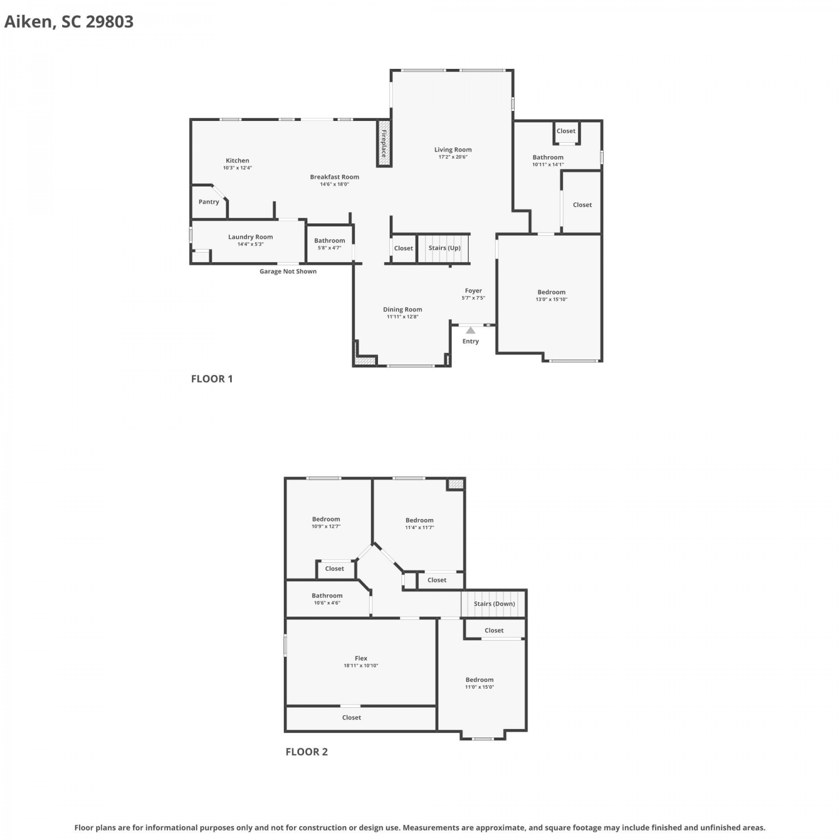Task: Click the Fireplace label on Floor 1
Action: click(384, 144)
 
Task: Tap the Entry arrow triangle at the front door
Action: click(470, 330)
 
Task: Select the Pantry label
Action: click(209, 202)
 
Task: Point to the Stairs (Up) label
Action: click(445, 248)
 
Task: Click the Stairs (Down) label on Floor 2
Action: click(494, 604)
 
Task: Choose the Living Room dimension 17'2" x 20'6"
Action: click(453, 157)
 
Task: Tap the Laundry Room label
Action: click(250, 237)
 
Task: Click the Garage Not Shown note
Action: click(288, 272)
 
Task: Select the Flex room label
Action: click(361, 659)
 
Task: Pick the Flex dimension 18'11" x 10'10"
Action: click(361, 666)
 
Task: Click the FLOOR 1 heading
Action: click(212, 379)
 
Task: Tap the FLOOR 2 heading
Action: click(307, 752)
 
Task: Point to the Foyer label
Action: click(473, 291)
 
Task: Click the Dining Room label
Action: click(403, 309)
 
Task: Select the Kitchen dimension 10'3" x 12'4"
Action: click(237, 168)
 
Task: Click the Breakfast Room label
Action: click(335, 177)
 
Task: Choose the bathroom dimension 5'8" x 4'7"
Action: click(329, 248)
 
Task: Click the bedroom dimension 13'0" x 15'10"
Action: click(552, 299)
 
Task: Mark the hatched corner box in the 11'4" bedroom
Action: click(456, 484)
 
